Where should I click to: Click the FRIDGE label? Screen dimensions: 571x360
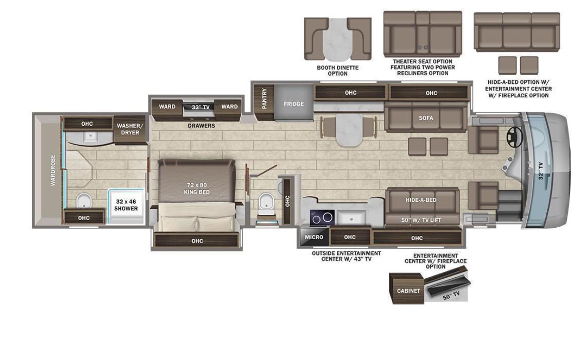(294, 104)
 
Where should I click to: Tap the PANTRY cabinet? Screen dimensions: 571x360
(265, 102)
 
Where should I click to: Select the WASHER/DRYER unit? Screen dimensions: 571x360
(130, 129)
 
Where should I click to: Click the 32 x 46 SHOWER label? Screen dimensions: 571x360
(126, 205)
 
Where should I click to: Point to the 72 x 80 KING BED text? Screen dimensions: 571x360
(197, 188)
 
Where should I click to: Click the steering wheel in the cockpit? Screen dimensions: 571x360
(514, 137)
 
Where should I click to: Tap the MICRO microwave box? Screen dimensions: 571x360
(315, 237)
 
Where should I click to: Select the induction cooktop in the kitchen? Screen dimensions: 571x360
(322, 218)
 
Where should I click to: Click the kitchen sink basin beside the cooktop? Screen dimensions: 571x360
(352, 218)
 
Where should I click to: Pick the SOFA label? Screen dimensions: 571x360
(426, 118)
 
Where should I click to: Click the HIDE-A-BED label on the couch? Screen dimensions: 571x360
(421, 200)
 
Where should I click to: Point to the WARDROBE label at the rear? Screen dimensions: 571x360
(53, 170)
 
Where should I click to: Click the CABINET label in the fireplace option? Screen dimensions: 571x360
(409, 291)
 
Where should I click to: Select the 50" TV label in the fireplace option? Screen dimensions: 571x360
(451, 295)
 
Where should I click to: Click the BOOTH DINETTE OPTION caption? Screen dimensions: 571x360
(338, 70)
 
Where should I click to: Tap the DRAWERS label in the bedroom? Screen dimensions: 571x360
(201, 126)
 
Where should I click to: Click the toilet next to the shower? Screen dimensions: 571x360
(84, 201)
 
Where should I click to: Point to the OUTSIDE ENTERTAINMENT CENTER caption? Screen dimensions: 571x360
(346, 256)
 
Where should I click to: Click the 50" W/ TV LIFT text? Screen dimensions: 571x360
(421, 220)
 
